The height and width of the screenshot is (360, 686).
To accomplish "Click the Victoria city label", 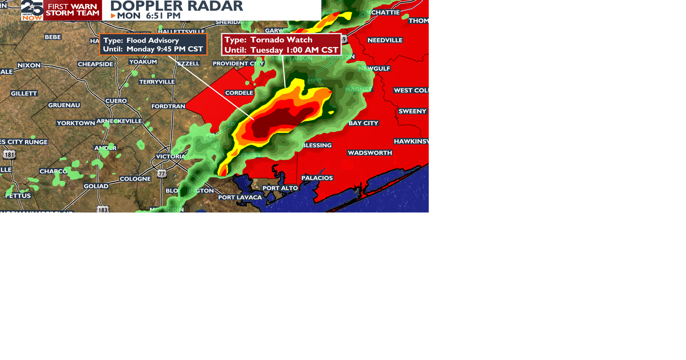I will click(170, 156).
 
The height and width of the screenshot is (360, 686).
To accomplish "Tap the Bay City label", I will click(363, 123).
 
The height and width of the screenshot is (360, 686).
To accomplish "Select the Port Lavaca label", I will click(240, 197).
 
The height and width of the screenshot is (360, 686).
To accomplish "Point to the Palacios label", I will click(317, 178).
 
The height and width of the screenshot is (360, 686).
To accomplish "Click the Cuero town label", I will click(116, 101).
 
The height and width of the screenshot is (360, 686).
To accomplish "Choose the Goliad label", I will click(96, 186).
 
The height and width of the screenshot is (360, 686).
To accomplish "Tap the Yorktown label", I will click(76, 123).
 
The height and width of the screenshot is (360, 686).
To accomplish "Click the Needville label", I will click(385, 40).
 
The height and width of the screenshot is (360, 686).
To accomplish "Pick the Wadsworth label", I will click(370, 153).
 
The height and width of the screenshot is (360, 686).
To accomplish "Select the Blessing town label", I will click(317, 145).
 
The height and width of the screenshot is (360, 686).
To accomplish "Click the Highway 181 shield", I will click(9, 155).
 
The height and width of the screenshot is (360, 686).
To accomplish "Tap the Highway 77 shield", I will click(162, 174).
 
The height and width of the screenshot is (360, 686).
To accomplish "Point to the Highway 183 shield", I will click(103, 210).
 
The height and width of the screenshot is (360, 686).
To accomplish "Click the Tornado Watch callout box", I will click(281, 45).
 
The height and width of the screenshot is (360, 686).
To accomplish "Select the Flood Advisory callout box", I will click(153, 45).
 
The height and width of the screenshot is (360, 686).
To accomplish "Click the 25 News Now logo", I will click(32, 10).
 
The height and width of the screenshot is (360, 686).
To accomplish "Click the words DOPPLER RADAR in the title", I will click(177, 6).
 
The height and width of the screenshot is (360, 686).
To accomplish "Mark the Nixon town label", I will click(29, 65).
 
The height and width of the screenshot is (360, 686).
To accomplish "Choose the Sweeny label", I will click(412, 111).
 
